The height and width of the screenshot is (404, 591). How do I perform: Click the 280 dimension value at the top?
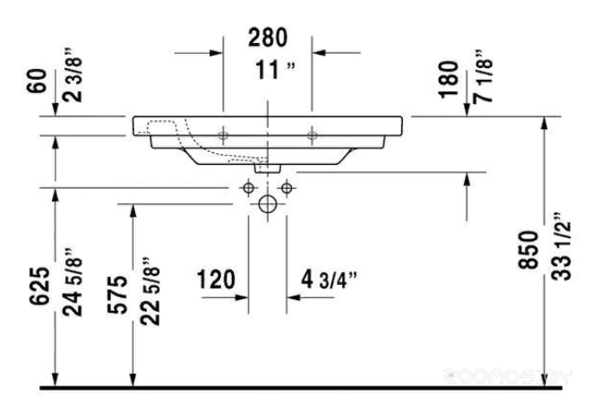pos(268,38)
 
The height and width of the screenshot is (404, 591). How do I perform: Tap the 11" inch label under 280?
pos(275,70)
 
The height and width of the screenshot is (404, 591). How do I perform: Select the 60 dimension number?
pos(37,81)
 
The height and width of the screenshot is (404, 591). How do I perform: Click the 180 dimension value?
pos(449,80)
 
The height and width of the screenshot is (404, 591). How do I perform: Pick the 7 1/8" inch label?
pos(483,76)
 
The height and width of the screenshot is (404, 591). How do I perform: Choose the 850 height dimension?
pos(528,250)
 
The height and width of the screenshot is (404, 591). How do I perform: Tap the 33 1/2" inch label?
pos(561,246)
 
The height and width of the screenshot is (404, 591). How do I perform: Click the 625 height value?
pos(39,286)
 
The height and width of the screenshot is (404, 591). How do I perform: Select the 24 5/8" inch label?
pos(73,282)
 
